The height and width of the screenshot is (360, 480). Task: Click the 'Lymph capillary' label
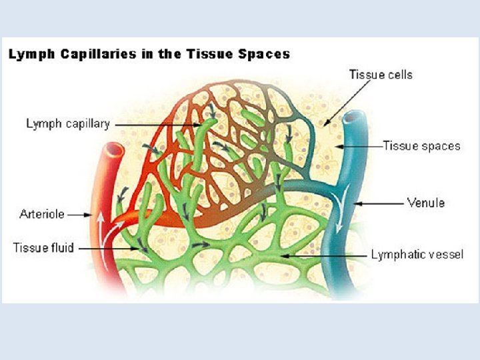[x=67, y=124]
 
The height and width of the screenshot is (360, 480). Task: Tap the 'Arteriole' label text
[x=42, y=215]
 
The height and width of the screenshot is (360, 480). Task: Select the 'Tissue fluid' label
[x=44, y=248]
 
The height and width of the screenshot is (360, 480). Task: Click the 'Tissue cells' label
[x=381, y=74]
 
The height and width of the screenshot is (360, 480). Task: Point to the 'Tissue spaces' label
[x=421, y=145]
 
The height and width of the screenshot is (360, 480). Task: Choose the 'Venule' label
[x=425, y=201]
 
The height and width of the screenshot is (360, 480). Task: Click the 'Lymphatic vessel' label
[x=417, y=254]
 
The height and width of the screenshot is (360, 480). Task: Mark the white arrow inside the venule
[x=342, y=219]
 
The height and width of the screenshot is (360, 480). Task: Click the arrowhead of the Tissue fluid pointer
[x=141, y=249]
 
